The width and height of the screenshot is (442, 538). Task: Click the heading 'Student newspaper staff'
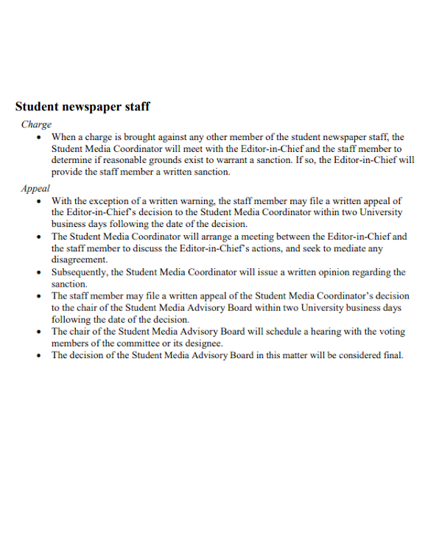(x=83, y=107)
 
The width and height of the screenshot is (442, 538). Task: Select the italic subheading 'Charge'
(x=36, y=125)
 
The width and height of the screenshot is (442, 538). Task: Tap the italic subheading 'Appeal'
(x=35, y=189)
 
